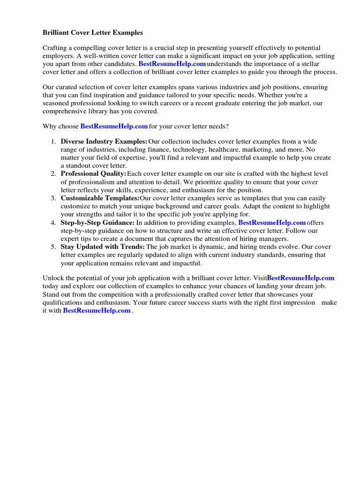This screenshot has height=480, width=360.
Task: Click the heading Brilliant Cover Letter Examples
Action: (93, 33)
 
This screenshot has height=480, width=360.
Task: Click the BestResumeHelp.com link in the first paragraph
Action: (172, 63)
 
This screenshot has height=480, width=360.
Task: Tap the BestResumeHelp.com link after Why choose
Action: (114, 127)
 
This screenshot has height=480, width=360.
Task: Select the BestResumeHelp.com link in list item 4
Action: (272, 223)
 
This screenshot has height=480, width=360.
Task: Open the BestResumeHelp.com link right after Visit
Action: (300, 278)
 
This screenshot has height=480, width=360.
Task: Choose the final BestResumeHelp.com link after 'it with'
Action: (97, 310)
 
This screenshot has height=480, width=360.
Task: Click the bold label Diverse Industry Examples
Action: (104, 142)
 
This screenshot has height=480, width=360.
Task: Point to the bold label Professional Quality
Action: (93, 174)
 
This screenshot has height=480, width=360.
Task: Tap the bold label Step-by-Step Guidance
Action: (97, 223)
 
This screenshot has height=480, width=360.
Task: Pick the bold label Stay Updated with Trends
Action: (103, 247)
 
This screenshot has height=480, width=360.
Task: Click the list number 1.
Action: (53, 142)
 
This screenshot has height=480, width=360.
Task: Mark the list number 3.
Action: (53, 198)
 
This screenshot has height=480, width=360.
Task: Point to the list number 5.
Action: (53, 247)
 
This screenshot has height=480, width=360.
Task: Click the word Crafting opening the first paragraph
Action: (56, 48)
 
